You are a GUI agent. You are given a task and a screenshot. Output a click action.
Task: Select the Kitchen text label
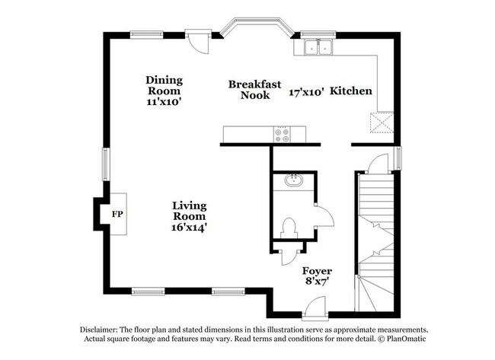click(351, 91)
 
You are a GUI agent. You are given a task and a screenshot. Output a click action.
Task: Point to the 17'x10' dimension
click(306, 91)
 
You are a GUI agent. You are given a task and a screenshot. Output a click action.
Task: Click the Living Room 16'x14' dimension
click(189, 226)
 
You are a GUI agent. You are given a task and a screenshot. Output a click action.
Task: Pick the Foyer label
click(317, 271)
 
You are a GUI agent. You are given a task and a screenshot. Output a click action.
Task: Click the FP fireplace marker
click(117, 215)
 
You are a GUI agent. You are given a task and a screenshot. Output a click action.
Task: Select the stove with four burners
click(282, 135)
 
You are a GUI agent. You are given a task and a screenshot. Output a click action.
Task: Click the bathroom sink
click(293, 181)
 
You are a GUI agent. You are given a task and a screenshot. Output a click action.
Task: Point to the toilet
click(289, 227)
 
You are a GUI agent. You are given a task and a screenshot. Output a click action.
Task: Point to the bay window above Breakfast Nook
click(254, 26)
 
